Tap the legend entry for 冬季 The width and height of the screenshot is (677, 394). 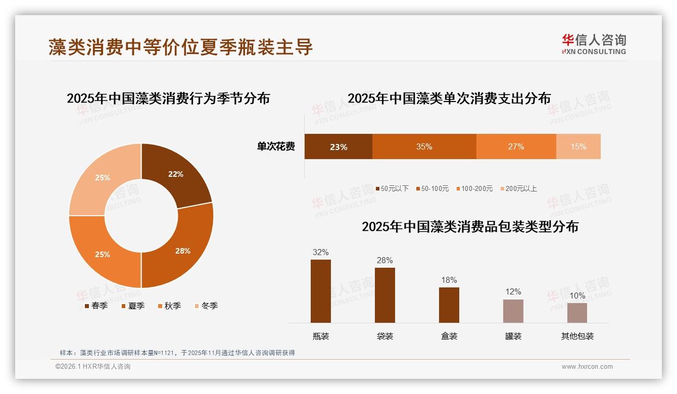click(206, 306)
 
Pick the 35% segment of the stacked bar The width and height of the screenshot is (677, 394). click(424, 146)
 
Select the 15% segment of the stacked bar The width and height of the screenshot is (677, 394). click(578, 146)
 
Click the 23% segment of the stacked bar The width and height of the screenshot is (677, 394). click(338, 146)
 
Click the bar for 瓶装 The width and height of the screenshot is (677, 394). click(320, 291)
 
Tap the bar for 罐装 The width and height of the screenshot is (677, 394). click(513, 311)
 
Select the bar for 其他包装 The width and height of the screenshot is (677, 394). click(577, 313)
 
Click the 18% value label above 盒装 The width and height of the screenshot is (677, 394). click(449, 280)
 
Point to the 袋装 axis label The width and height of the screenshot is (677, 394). click(384, 336)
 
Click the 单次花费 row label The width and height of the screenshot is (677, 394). click(276, 146)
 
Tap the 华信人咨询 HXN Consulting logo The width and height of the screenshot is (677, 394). click(594, 44)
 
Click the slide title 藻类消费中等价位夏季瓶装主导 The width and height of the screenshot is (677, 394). click(181, 47)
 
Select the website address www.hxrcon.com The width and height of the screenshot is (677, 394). click(587, 367)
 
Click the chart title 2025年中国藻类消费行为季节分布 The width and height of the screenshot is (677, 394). click(168, 98)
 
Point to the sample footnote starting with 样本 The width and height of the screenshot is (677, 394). click(177, 353)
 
